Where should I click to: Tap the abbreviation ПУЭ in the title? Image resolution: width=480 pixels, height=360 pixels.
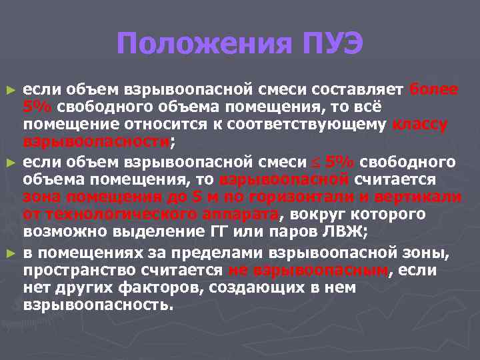[x=329, y=44]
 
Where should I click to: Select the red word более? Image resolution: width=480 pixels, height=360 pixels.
[x=434, y=89]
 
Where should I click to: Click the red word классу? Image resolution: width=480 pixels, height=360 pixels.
[x=421, y=125]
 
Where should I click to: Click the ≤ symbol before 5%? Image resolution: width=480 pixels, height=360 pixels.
[x=316, y=161]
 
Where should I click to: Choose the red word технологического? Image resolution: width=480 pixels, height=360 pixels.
[x=99, y=215]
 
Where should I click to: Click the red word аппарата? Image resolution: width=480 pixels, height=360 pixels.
[x=238, y=215]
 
